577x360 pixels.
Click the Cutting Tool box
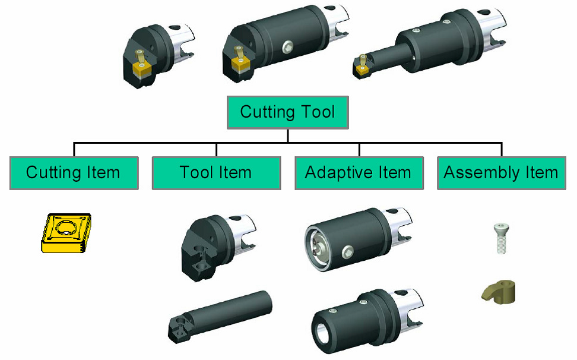(x=288, y=112)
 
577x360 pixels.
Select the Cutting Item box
(x=74, y=173)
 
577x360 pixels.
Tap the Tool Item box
(x=216, y=173)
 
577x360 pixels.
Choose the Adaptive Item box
(x=359, y=173)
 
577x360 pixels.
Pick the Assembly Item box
(x=501, y=173)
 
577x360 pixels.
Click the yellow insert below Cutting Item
(x=65, y=233)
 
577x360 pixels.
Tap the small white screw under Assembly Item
(x=500, y=238)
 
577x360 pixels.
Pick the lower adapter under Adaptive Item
(x=365, y=315)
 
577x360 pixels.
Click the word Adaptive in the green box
(x=335, y=173)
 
